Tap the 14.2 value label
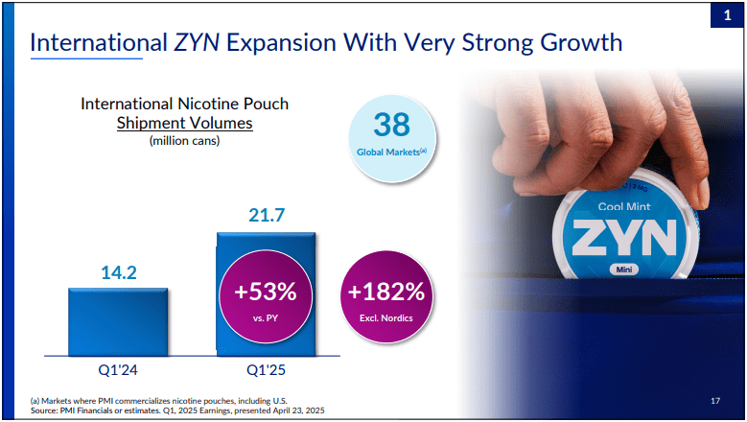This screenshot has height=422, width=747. point(119,272)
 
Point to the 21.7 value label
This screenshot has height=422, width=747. point(266,216)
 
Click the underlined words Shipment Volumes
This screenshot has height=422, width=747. point(184,123)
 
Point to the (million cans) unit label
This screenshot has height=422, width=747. point(184,141)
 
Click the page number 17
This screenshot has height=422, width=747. point(714,398)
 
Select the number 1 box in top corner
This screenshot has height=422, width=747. point(726,16)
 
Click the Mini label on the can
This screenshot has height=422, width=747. point(624,270)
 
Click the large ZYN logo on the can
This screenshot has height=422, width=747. point(624,237)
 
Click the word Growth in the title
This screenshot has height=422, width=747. point(572,43)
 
